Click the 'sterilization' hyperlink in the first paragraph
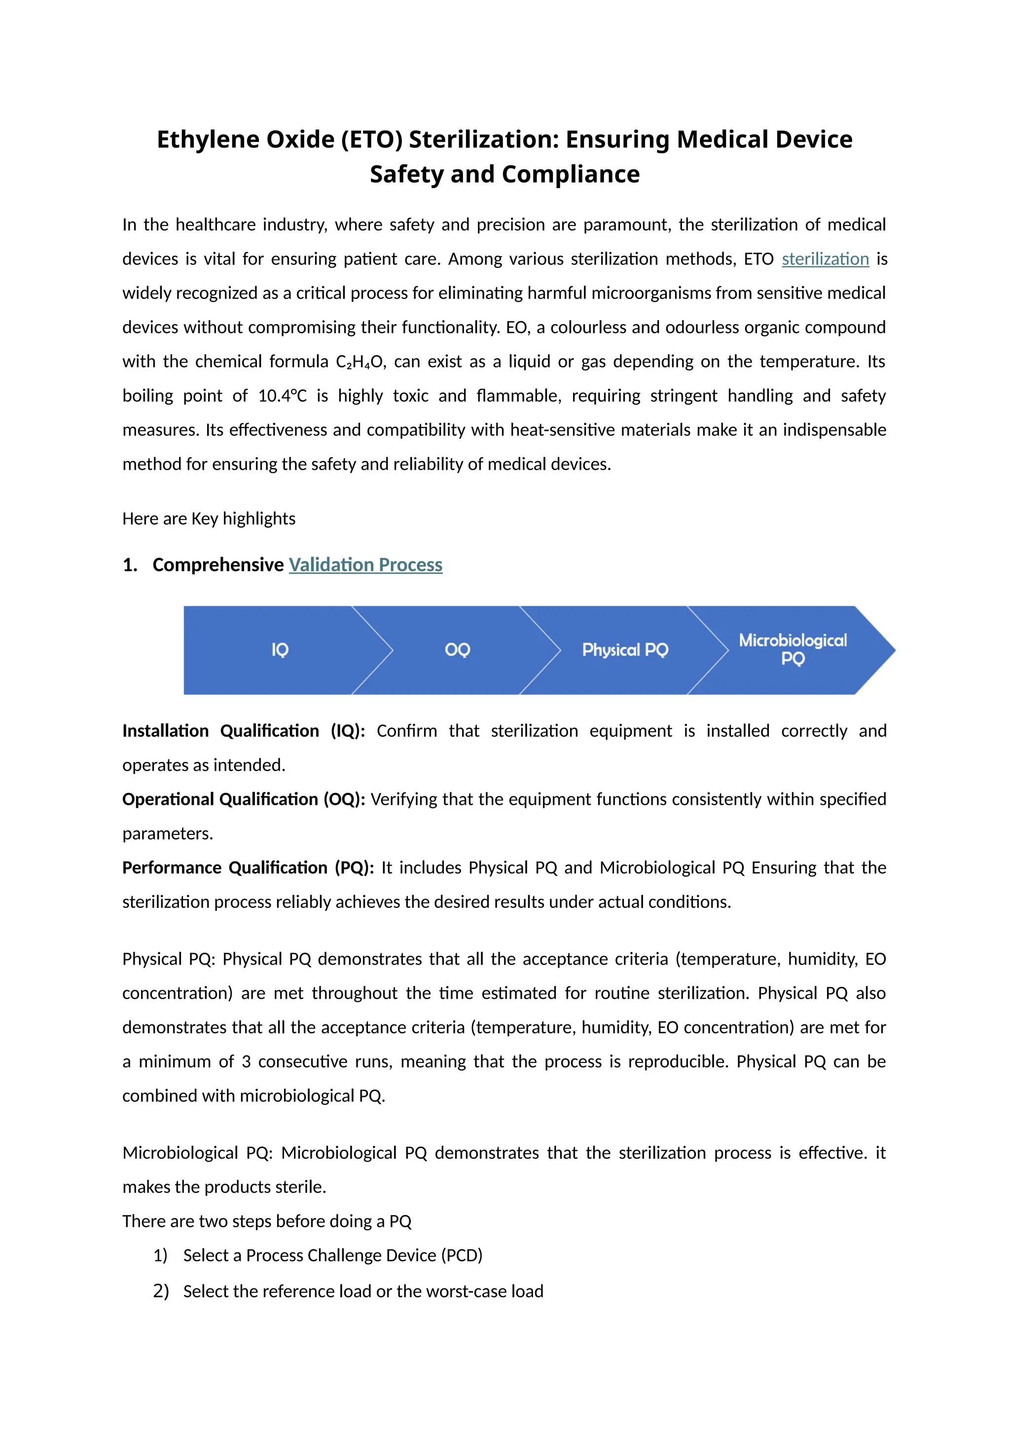click(x=825, y=259)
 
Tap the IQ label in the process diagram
click(x=280, y=650)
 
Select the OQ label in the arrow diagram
click(x=457, y=650)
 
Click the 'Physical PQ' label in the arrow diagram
click(x=624, y=650)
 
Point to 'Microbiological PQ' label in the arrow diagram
click(x=793, y=649)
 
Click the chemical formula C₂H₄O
click(x=360, y=362)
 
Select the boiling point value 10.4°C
click(x=283, y=396)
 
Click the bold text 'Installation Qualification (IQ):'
click(x=244, y=731)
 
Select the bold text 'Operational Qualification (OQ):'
click(x=244, y=799)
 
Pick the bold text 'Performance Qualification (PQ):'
click(x=248, y=867)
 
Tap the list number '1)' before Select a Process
click(x=160, y=1255)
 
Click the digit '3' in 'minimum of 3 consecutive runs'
click(x=246, y=1061)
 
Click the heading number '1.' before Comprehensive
click(x=130, y=565)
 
